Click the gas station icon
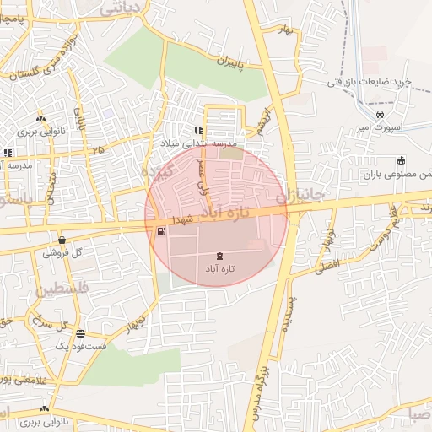point(160,232)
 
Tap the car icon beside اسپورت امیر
point(381,114)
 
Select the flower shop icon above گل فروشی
point(62,240)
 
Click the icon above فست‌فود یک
point(80,333)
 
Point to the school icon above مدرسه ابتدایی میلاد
point(198,131)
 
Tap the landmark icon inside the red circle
point(220,255)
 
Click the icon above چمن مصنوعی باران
point(401,161)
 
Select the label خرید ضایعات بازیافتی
point(370,82)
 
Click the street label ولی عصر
point(203,172)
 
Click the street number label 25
point(100,150)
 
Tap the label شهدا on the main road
point(183,219)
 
